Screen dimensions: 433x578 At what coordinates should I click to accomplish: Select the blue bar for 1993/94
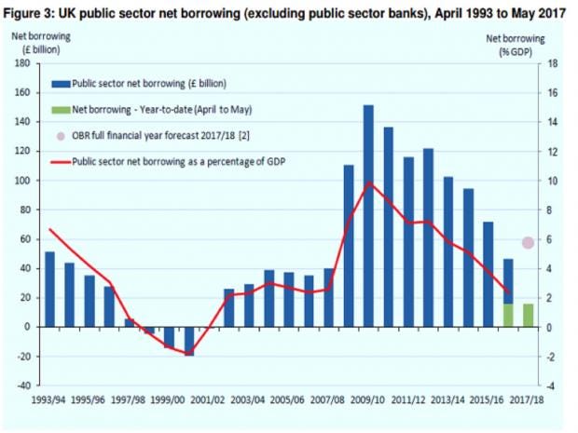pyautogui.click(x=49, y=290)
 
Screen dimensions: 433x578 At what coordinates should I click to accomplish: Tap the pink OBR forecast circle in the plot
pyautogui.click(x=528, y=242)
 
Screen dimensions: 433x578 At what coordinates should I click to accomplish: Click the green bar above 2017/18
pyautogui.click(x=528, y=315)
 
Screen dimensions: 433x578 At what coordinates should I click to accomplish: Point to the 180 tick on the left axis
pyautogui.click(x=21, y=63)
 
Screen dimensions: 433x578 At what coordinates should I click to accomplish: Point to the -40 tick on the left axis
pyautogui.click(x=21, y=386)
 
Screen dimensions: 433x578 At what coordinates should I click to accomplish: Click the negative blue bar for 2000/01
pyautogui.click(x=189, y=341)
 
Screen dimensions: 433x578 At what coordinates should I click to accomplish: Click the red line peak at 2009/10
pyautogui.click(x=369, y=183)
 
